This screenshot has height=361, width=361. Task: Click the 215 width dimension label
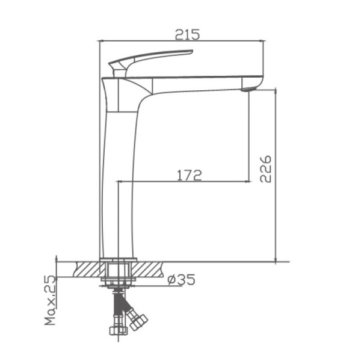(187, 35)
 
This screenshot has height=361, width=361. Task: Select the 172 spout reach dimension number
(189, 175)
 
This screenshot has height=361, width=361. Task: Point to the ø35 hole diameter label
(181, 279)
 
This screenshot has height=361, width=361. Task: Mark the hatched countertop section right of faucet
(150, 268)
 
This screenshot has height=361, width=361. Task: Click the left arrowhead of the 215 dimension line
(101, 41)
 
